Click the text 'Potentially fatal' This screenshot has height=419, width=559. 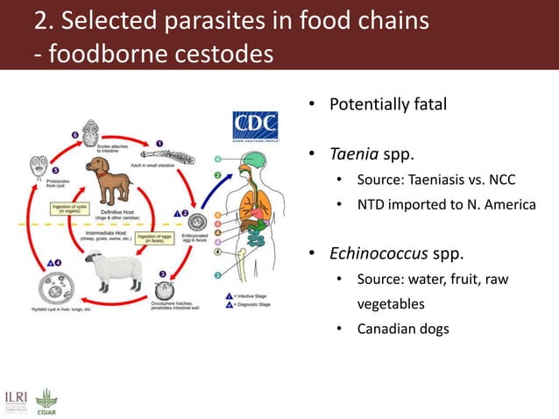tap(387, 105)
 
